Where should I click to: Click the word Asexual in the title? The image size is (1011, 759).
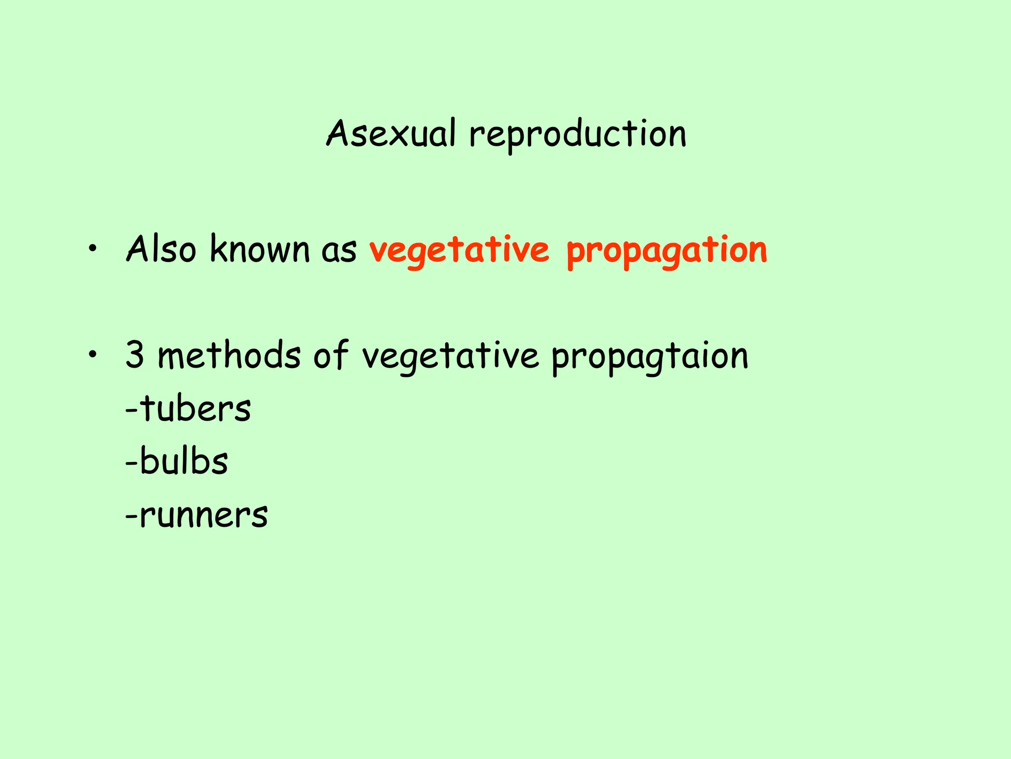point(390,134)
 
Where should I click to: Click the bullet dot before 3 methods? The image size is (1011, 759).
point(91,355)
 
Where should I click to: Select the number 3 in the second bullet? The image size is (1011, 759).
point(135,355)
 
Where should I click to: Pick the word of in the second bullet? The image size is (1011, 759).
point(331,355)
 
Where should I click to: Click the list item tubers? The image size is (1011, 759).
point(195,409)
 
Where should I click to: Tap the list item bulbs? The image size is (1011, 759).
point(184,462)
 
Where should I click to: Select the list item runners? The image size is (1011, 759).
point(203,516)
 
